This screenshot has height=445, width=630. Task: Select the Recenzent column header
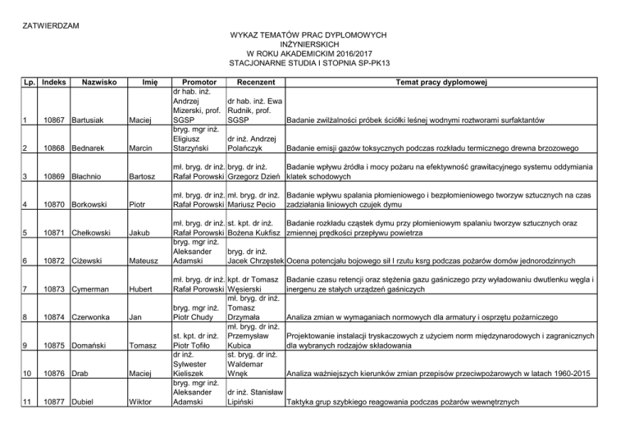tap(254, 82)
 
